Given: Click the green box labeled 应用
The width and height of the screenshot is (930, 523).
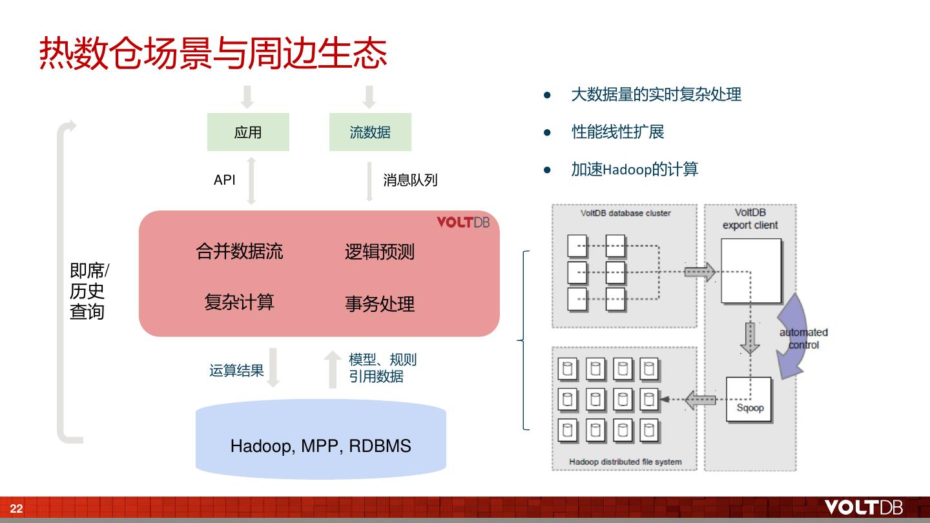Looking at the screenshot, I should tap(248, 132).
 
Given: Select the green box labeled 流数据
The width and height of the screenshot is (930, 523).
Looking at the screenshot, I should tap(370, 132).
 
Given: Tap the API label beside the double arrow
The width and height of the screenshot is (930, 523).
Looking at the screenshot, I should tap(225, 180).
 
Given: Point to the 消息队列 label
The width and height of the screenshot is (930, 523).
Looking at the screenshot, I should tap(410, 180).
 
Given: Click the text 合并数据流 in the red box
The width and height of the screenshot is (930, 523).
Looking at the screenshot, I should tap(240, 251).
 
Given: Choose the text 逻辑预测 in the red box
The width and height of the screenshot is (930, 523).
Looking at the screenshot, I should tap(380, 252).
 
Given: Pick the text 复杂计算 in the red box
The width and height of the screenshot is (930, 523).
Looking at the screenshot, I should tap(240, 302).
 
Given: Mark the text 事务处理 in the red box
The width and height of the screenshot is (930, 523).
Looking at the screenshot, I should tap(380, 303).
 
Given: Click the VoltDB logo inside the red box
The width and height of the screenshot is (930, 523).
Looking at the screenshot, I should tap(463, 223).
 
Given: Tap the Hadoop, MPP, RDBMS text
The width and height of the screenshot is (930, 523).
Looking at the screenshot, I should tap(321, 446).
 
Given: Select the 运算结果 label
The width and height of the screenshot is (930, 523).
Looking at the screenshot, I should tap(236, 371).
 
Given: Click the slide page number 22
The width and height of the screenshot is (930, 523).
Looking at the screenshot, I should tap(16, 509).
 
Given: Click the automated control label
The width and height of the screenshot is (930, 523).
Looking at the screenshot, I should tap(803, 339).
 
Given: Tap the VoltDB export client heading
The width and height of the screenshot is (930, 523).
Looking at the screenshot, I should tap(750, 219).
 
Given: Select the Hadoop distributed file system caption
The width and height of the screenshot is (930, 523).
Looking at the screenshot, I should tap(625, 462).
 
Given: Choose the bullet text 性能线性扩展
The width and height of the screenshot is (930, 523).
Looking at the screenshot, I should tap(618, 132).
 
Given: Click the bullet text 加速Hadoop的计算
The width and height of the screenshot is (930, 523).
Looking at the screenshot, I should tap(635, 170).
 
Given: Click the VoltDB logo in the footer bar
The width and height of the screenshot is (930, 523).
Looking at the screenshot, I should tap(863, 508).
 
